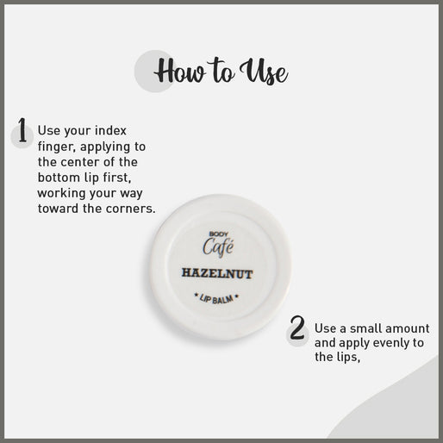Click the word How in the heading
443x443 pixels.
(180, 71)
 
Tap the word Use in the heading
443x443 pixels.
(264, 72)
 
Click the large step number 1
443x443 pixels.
(22, 130)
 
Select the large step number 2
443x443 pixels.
(296, 328)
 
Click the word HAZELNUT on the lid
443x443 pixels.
(217, 273)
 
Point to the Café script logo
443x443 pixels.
(218, 246)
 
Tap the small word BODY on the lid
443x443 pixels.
(218, 234)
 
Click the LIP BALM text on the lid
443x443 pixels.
(216, 299)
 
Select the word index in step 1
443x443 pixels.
(110, 131)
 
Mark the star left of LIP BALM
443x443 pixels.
(197, 295)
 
